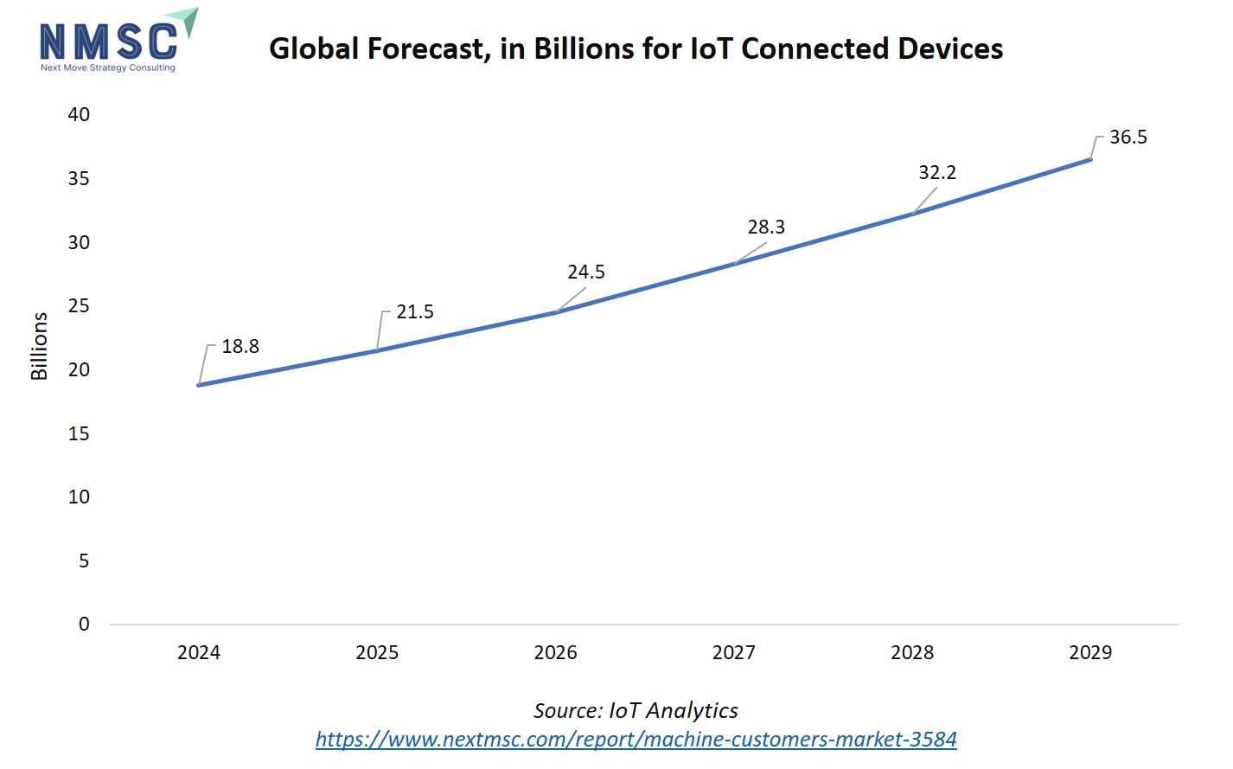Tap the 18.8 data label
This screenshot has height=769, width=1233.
click(240, 347)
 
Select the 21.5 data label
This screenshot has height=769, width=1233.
click(415, 312)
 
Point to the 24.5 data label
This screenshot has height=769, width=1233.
click(586, 272)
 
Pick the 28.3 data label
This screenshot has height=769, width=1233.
click(766, 227)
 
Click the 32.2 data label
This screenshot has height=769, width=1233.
click(937, 173)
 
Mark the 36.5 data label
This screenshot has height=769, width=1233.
click(1128, 138)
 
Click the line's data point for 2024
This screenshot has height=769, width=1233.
click(199, 385)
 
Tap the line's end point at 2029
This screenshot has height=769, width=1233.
click(1090, 159)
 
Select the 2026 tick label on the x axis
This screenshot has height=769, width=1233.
click(555, 653)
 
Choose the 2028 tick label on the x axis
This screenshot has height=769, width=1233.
click(912, 653)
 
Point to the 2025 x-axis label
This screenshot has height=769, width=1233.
click(377, 653)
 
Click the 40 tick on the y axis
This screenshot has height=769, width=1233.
click(79, 115)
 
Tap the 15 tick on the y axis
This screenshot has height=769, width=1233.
click(79, 434)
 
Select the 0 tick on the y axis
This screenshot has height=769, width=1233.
click(84, 625)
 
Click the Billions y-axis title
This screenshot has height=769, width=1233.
click(39, 346)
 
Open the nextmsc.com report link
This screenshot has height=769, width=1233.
click(636, 740)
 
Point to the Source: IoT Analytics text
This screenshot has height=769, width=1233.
click(636, 711)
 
